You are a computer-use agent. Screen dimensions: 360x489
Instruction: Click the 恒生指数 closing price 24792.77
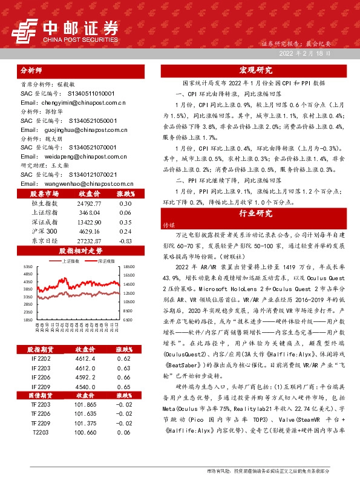point(89,204)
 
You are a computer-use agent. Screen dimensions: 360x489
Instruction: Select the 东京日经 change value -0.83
point(125,240)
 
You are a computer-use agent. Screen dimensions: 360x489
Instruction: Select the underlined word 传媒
point(168,224)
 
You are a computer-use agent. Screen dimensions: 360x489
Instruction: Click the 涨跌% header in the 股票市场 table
point(125,194)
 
